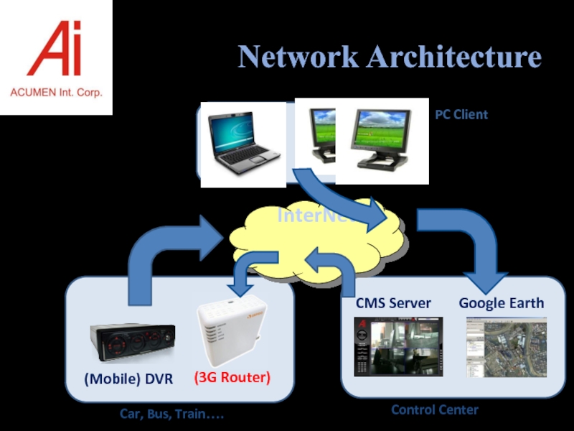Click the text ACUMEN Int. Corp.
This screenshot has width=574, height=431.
[56, 93]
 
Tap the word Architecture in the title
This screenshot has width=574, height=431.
[453, 57]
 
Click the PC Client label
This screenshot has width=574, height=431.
[461, 114]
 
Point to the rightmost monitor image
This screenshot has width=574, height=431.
[382, 140]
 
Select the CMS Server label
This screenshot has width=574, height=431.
[393, 303]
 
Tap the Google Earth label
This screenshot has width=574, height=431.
[502, 303]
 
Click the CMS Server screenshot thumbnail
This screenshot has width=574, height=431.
[393, 346]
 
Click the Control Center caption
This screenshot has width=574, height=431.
[434, 409]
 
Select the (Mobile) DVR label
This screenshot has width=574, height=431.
[129, 379]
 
